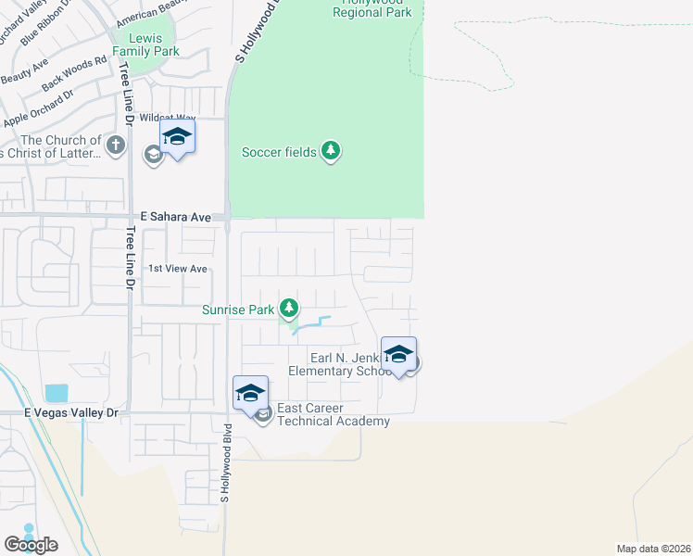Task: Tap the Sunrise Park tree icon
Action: [289, 307]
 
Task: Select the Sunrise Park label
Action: [237, 310]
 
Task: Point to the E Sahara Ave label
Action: [171, 216]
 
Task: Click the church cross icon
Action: [115, 145]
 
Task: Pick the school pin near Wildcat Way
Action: [176, 139]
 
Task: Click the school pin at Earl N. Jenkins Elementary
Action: [398, 356]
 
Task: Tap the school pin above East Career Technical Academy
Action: [250, 395]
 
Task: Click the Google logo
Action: [31, 545]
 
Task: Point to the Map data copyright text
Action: [654, 548]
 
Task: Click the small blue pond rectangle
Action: [56, 393]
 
